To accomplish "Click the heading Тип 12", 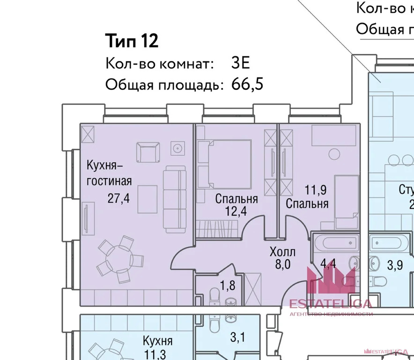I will pyautogui.click(x=132, y=41).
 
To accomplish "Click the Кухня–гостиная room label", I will pyautogui.click(x=109, y=173).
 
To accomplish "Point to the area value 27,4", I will pyautogui.click(x=118, y=198).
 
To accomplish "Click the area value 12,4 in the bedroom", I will pyautogui.click(x=237, y=211).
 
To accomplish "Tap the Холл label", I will pyautogui.click(x=283, y=252).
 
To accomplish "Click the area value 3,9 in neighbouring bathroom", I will pyautogui.click(x=395, y=264).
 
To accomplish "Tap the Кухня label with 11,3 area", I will pyautogui.click(x=157, y=341).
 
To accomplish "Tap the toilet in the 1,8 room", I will pyautogui.click(x=214, y=296).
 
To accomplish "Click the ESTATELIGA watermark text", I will pyautogui.click(x=331, y=304).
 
